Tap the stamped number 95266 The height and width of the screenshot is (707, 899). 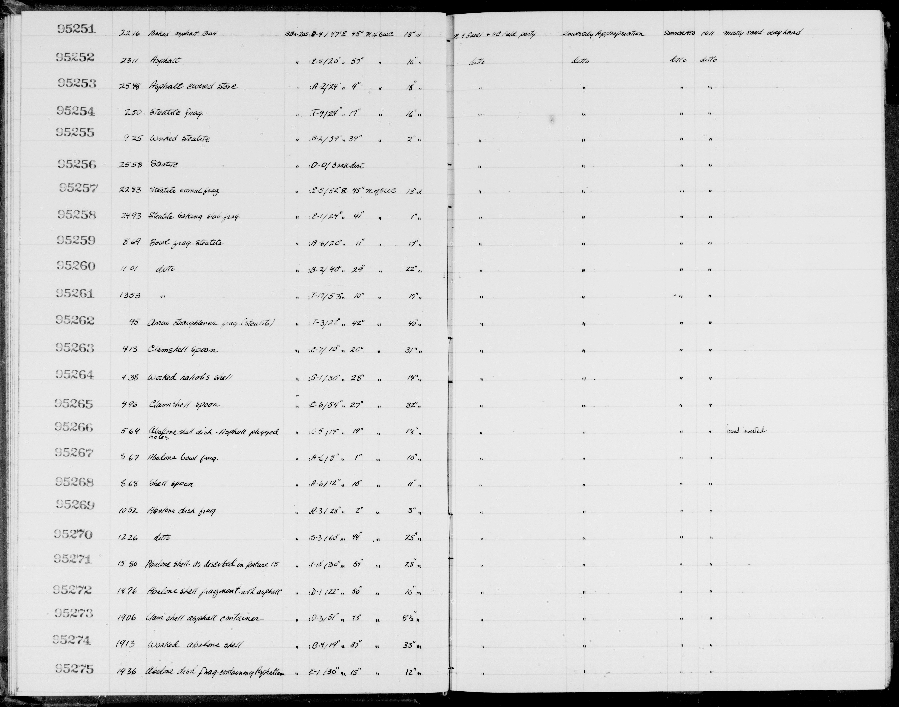point(75,427)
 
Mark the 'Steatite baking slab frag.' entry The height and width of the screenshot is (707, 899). point(194,216)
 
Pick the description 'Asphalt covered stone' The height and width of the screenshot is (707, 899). point(193,87)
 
